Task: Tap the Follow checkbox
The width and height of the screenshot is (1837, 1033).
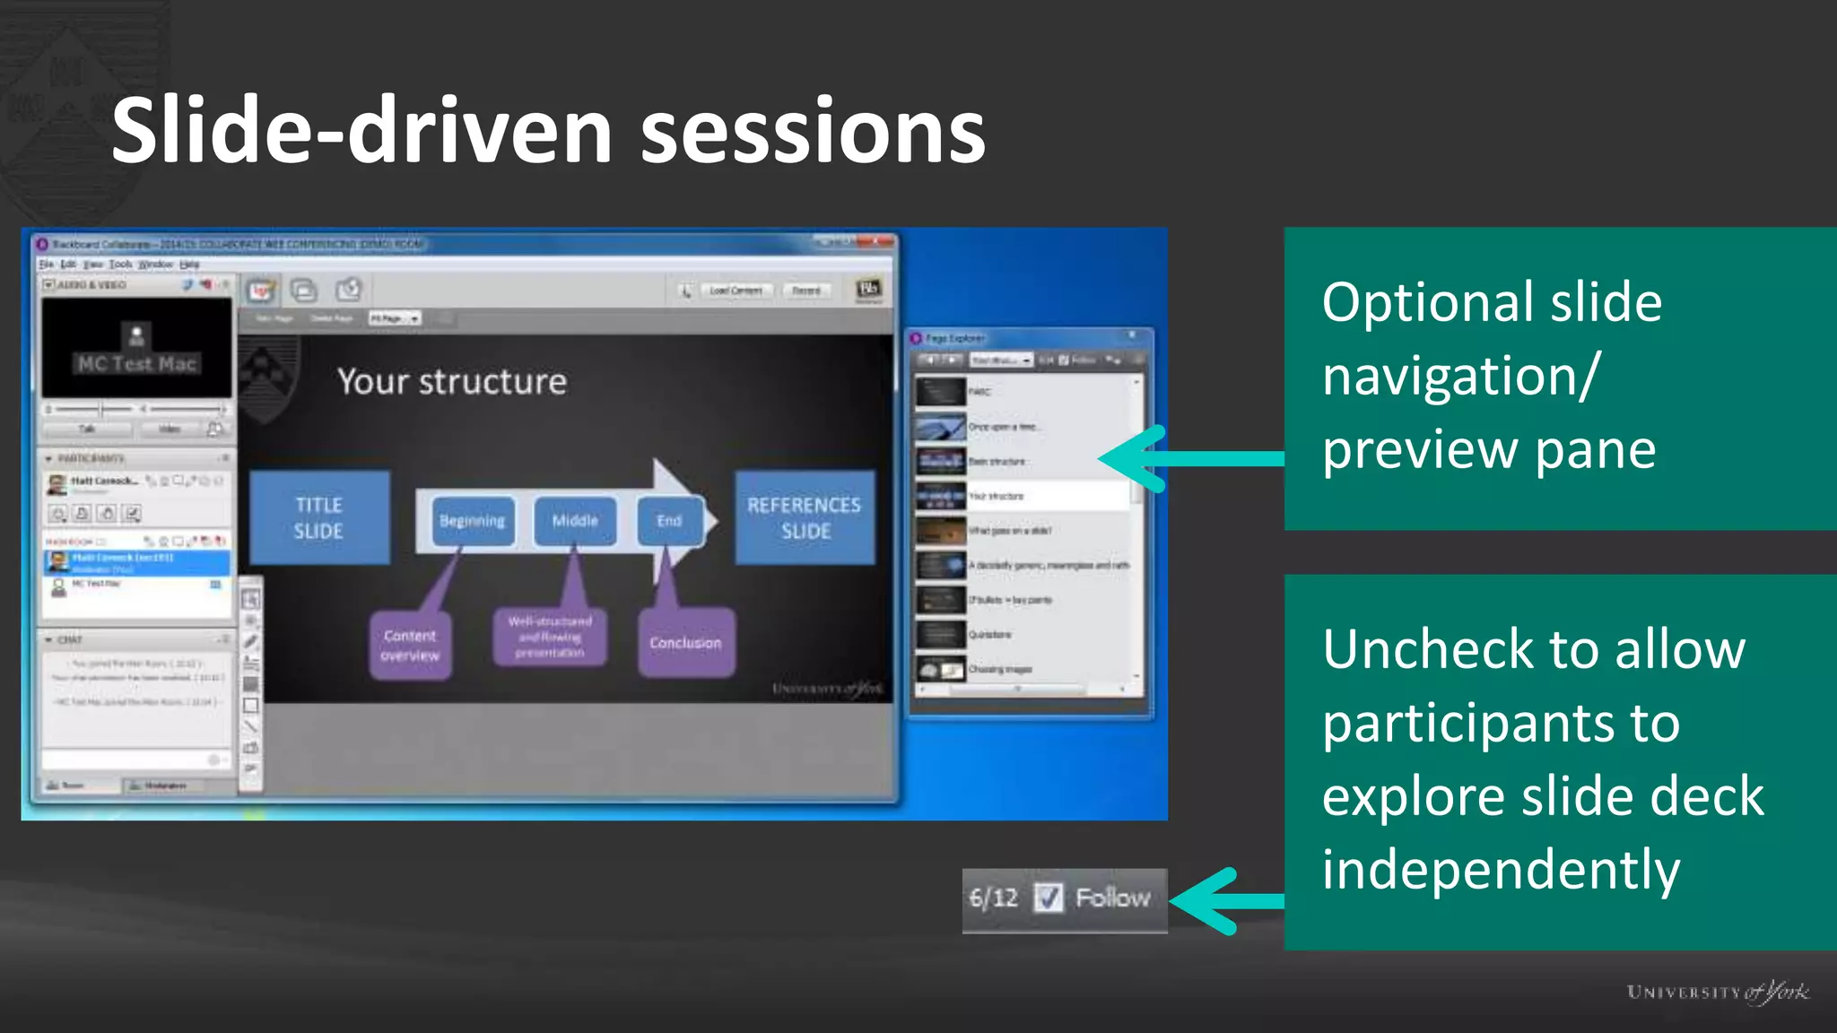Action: point(1048,898)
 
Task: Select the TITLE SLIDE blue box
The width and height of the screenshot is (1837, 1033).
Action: point(319,517)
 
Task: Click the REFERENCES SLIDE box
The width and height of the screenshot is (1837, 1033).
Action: point(805,517)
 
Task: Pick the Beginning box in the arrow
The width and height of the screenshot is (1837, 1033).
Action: point(473,521)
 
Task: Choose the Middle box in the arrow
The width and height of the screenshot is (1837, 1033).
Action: point(575,521)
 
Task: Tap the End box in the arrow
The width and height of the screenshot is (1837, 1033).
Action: point(669,521)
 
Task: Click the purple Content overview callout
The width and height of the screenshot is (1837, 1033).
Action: point(410,645)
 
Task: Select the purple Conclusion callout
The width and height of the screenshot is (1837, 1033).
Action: point(686,643)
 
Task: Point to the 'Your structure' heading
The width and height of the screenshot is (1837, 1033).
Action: point(452,382)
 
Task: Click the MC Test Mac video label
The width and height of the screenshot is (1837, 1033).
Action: point(136,363)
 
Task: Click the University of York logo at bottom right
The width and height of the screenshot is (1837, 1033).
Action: point(1718,992)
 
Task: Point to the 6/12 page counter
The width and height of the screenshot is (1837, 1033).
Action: point(993,898)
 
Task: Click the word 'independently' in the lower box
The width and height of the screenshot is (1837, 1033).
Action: point(1501,870)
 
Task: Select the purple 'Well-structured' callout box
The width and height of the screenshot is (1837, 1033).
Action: point(550,636)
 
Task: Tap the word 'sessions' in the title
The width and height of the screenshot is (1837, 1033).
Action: point(813,131)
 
